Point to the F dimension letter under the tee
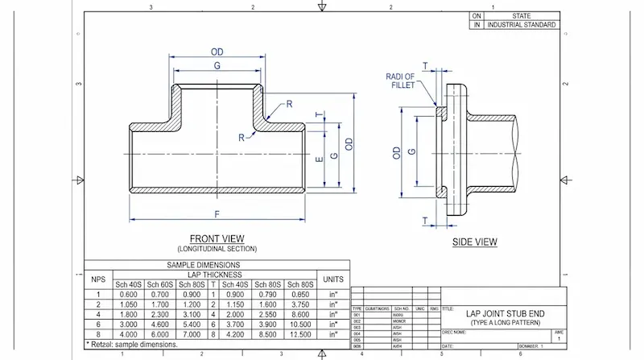[x=217, y=213]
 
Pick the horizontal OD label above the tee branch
[x=217, y=52]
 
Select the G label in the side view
[x=413, y=151]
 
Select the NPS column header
[x=98, y=279]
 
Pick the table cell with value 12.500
[x=300, y=334]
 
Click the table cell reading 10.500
[x=300, y=324]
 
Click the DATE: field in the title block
[x=448, y=352]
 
